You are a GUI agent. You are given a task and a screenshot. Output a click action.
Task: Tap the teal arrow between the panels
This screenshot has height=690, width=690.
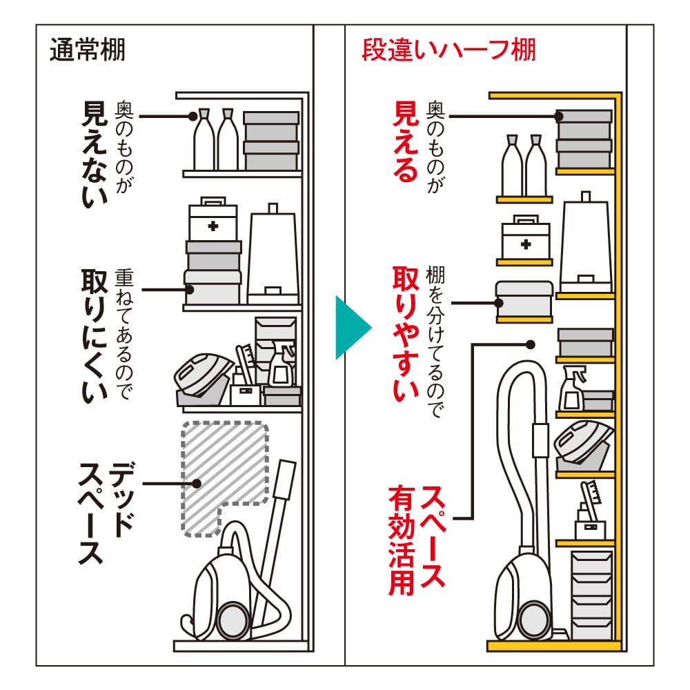tap(351, 327)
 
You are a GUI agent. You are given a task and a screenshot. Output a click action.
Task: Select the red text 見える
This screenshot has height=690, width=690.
tap(406, 141)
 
